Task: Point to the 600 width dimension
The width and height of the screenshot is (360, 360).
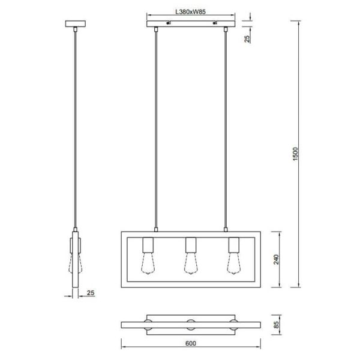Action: point(190,344)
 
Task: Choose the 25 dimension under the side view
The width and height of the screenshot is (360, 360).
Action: point(91,294)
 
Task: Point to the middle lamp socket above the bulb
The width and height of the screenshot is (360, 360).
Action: point(190,244)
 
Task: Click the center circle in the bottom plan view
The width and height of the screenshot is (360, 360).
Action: point(190,325)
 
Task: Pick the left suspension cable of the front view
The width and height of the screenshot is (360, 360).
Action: point(156,126)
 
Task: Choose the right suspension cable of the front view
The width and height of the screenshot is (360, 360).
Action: point(226,126)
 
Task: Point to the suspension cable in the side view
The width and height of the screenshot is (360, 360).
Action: point(75,126)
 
